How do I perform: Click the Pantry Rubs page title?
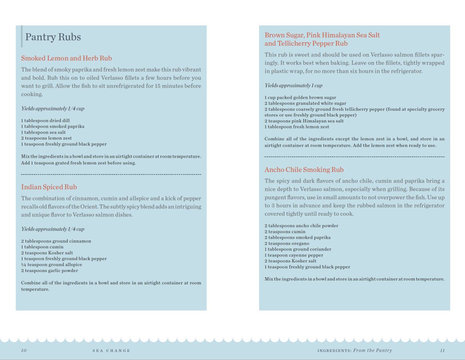53,37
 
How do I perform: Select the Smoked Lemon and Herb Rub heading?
66,58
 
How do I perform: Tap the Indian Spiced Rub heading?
49,187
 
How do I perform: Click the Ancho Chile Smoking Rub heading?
304,170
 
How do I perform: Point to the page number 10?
24,350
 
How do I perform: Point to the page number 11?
442,350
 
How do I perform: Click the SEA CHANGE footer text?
111,351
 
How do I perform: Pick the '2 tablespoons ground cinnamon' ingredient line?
56,241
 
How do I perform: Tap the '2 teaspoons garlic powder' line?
49,270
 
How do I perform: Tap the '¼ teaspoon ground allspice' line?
52,264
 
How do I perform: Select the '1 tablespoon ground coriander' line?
298,249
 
